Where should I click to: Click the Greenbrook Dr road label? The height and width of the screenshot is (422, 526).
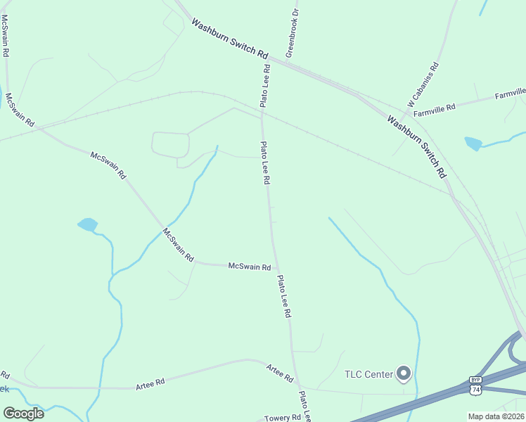pyautogui.click(x=292, y=34)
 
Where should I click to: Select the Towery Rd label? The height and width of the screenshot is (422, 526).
pyautogui.click(x=283, y=418)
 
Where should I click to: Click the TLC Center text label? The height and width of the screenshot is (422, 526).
pyautogui.click(x=368, y=374)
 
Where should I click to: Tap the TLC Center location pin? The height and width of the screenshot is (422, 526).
pyautogui.click(x=404, y=373)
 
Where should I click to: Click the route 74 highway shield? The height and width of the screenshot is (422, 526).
pyautogui.click(x=476, y=389)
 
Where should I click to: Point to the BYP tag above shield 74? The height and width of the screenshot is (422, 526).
pyautogui.click(x=476, y=379)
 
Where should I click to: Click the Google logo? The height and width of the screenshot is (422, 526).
pyautogui.click(x=23, y=414)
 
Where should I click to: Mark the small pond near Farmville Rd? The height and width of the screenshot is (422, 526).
pyautogui.click(x=473, y=143)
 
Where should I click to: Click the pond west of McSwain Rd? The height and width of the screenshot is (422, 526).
pyautogui.click(x=88, y=225)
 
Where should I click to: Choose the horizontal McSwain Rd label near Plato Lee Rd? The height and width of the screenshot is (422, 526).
pyautogui.click(x=250, y=267)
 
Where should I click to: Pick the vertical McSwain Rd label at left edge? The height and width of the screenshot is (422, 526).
pyautogui.click(x=5, y=35)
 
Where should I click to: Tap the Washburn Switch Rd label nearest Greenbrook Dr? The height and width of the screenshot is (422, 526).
pyautogui.click(x=230, y=39)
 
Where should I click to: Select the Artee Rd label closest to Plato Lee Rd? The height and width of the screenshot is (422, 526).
pyautogui.click(x=279, y=373)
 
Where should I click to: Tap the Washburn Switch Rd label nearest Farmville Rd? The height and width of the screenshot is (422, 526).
pyautogui.click(x=416, y=146)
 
